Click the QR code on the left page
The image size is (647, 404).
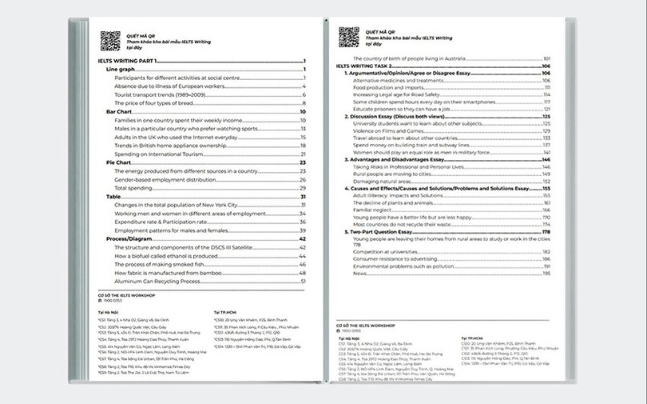click(x=109, y=40)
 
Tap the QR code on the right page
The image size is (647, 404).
click(x=348, y=37)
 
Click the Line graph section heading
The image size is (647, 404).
click(x=121, y=70)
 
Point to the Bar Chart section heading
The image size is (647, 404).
click(x=118, y=112)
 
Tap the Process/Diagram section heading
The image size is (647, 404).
click(x=129, y=238)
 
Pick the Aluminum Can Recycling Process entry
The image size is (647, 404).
click(x=157, y=281)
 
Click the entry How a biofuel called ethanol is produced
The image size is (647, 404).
click(x=166, y=256)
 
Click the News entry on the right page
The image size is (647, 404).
click(x=359, y=273)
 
